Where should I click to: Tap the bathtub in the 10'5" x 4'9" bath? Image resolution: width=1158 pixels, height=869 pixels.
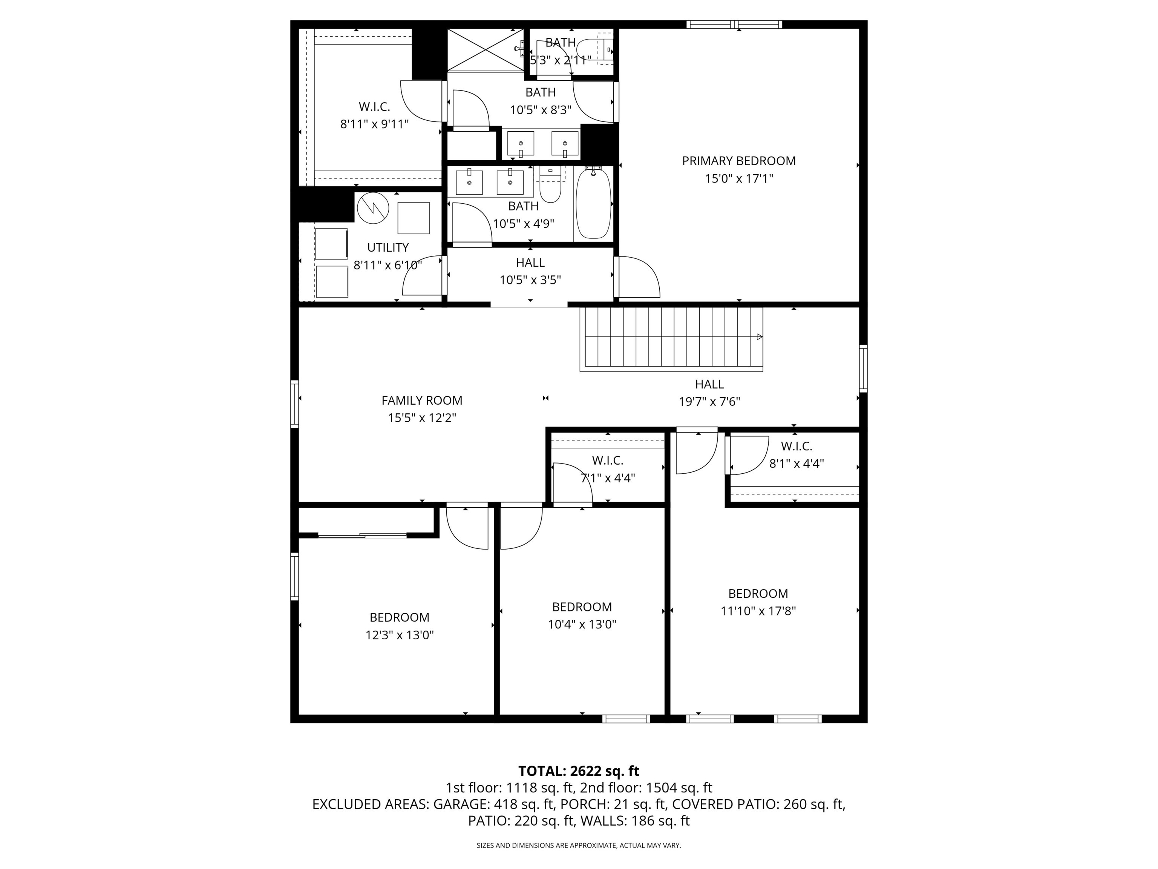tap(593, 204)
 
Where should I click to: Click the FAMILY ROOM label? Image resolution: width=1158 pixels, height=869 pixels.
tap(421, 401)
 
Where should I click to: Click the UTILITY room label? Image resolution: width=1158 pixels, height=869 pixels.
tap(388, 248)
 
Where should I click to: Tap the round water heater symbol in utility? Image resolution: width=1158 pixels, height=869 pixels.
tap(373, 208)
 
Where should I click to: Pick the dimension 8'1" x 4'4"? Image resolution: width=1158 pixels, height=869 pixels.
tap(796, 464)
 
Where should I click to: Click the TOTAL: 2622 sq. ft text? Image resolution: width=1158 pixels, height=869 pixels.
tap(579, 771)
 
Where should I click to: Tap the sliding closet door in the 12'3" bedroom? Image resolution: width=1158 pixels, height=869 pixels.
tap(362, 535)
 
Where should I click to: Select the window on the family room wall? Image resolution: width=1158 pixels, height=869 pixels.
tap(295, 403)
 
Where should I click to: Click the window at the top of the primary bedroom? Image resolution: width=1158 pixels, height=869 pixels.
tap(734, 24)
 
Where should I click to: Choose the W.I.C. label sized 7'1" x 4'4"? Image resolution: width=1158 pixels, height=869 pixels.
tap(607, 461)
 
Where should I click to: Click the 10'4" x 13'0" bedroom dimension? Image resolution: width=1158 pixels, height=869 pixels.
tap(582, 624)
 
